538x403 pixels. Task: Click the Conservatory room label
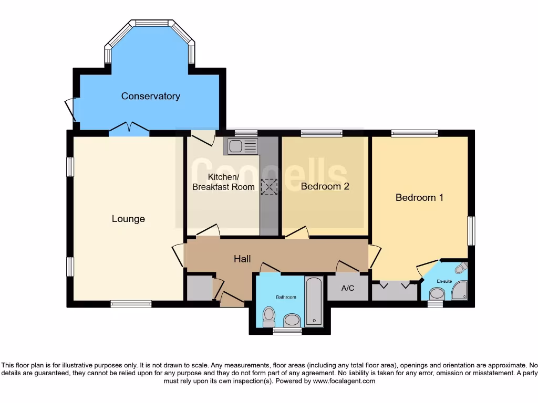[150, 96]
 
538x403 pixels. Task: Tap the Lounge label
[128, 219]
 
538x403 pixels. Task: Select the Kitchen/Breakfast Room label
[223, 182]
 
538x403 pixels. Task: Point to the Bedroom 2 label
[325, 186]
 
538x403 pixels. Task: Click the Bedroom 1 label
[419, 198]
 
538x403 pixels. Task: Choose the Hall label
[242, 259]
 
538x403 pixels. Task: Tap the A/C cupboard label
[348, 288]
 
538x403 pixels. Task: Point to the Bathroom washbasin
[291, 320]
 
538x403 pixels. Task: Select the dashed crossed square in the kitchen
[269, 187]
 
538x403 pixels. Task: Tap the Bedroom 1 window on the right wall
[471, 231]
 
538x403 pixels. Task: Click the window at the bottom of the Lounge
[131, 303]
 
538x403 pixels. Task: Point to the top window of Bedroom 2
[322, 133]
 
